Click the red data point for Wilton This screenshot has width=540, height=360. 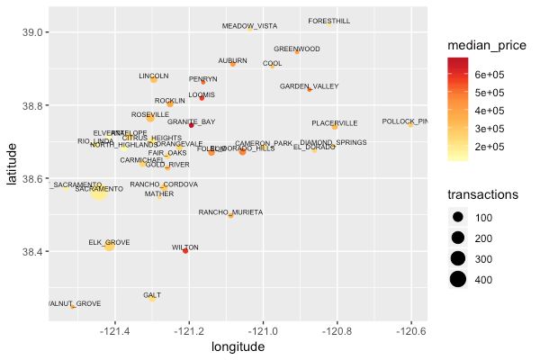click(185, 251)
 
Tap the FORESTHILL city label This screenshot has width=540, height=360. click(329, 21)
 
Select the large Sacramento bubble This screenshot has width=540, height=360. click(99, 190)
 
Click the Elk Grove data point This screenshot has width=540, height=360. click(110, 244)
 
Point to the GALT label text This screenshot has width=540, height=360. click(152, 295)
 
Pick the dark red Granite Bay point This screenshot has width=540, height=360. click(191, 125)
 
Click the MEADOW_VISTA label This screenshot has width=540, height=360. click(249, 26)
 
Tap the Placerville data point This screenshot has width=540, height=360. click(335, 126)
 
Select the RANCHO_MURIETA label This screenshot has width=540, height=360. click(230, 212)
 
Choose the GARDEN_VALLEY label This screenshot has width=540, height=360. click(309, 86)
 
